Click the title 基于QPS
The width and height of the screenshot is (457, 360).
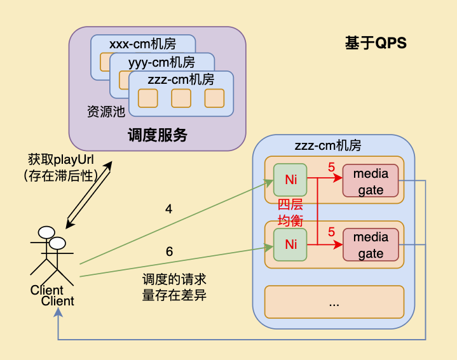coord(375,43)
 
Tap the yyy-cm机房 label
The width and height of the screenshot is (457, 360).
coord(161,62)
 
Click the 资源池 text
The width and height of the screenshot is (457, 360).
coord(106,112)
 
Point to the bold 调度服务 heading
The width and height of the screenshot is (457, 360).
coord(158,135)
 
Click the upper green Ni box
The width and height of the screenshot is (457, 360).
coord(290,180)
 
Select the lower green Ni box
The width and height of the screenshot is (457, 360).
coord(290,244)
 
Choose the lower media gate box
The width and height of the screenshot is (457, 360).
coord(371,245)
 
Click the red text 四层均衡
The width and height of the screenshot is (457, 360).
coord(290,213)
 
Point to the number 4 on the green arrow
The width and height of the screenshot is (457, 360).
coord(168,208)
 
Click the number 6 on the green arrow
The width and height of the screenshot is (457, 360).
coord(169,251)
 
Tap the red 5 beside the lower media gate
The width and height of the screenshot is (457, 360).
coord(331,232)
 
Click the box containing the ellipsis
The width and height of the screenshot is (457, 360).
coord(334,302)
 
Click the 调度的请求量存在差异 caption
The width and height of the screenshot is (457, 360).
coord(174,287)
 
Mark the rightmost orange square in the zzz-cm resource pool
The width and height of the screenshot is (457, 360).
coord(214,98)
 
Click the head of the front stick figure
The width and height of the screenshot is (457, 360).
coord(57,243)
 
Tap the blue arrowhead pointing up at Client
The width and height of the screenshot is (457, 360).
coord(58,314)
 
